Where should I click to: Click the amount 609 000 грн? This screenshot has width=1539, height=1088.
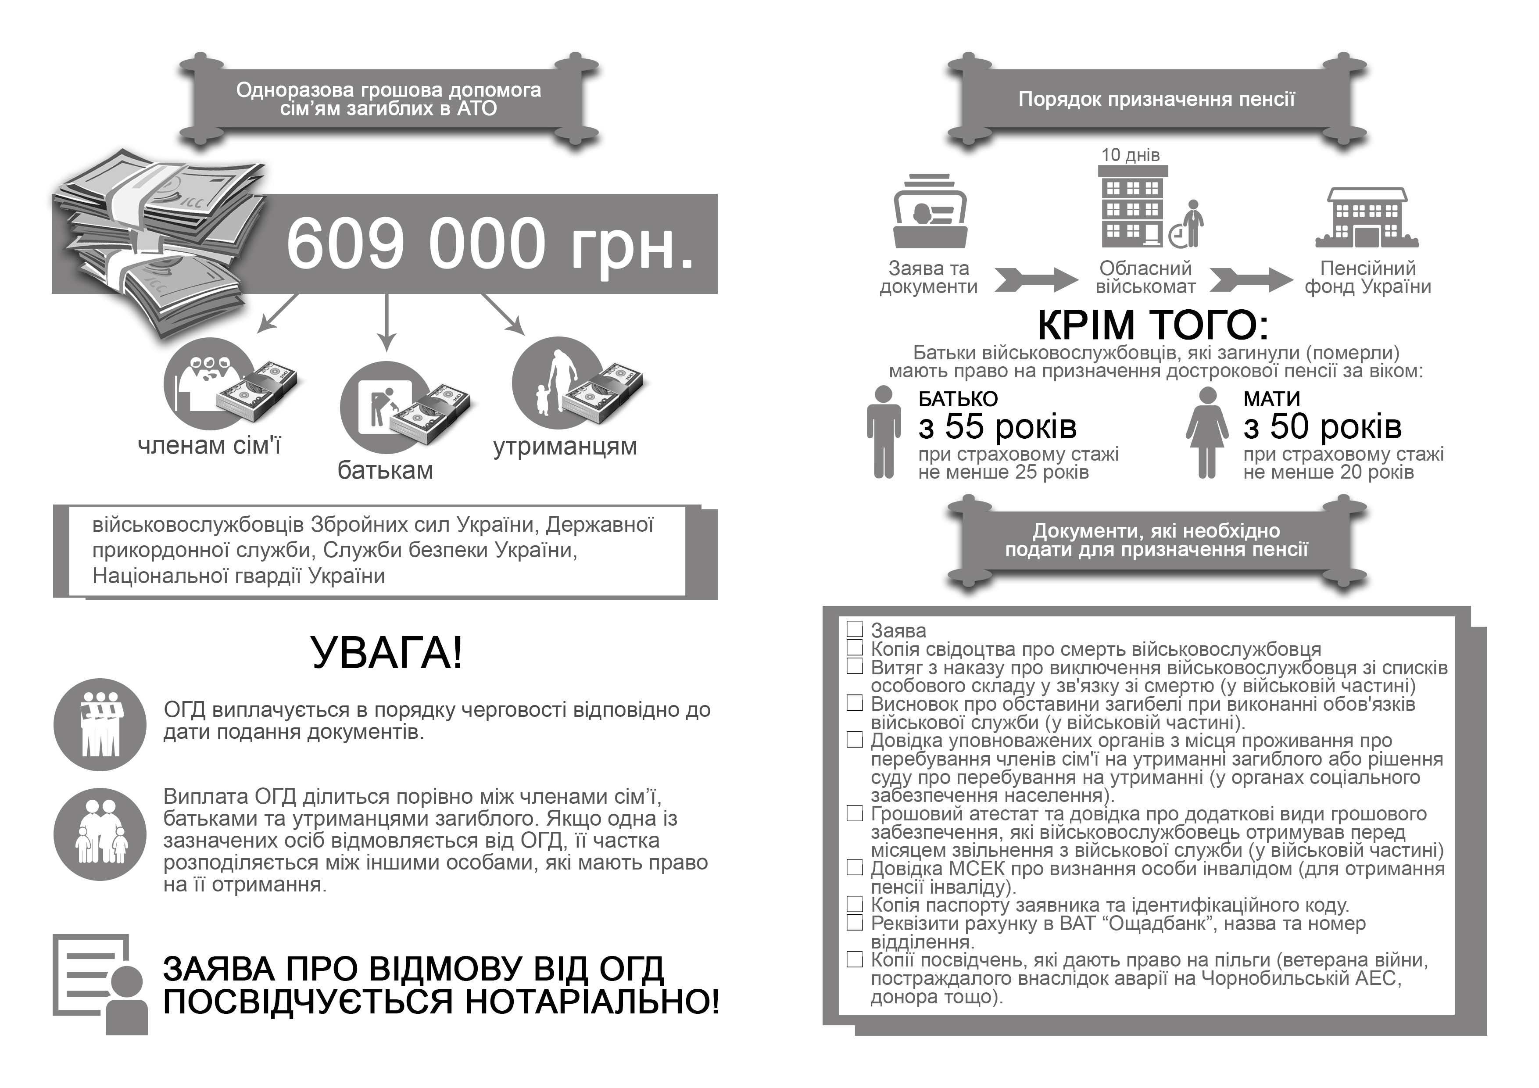pos(489,244)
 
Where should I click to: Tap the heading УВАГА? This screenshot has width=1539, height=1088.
pos(387,652)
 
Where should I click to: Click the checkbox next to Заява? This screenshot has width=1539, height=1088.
pos(855,629)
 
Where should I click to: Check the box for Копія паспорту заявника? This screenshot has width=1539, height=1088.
pos(855,904)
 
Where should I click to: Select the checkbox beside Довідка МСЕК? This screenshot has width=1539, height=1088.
pos(855,867)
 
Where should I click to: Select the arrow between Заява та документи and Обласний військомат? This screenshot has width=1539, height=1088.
pos(1036,279)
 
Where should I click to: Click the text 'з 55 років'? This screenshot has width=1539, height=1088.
pos(997,426)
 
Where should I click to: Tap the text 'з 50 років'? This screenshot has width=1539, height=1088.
pos(1322,426)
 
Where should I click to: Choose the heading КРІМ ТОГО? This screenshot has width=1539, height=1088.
pos(1153,325)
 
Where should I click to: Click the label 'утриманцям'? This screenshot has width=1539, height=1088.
pos(565,446)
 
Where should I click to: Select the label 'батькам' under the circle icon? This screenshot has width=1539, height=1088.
pos(386,470)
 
